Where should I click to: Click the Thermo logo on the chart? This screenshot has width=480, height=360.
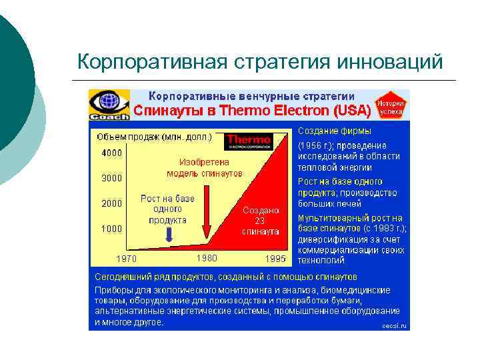pyautogui.click(x=249, y=141)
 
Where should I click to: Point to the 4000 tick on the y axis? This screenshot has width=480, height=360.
pyautogui.click(x=111, y=153)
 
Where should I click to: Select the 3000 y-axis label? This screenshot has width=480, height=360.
pyautogui.click(x=111, y=178)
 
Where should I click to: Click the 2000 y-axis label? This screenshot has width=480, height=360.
pyautogui.click(x=111, y=203)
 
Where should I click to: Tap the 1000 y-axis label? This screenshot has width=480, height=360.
pyautogui.click(x=111, y=228)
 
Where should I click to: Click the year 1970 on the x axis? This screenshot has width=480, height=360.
pyautogui.click(x=127, y=258)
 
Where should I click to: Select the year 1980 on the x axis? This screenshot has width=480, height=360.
pyautogui.click(x=207, y=257)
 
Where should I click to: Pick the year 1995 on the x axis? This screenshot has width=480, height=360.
pyautogui.click(x=275, y=258)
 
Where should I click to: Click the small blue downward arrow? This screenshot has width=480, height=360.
pyautogui.click(x=169, y=234)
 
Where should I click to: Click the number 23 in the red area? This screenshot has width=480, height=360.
pyautogui.click(x=261, y=220)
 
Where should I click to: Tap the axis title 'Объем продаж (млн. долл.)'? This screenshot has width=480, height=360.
pyautogui.click(x=154, y=137)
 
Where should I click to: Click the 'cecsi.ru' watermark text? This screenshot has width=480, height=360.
pyautogui.click(x=394, y=325)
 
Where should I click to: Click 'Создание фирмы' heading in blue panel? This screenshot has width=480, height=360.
pyautogui.click(x=331, y=132)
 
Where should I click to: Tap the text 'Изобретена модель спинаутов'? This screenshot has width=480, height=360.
pyautogui.click(x=204, y=167)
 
